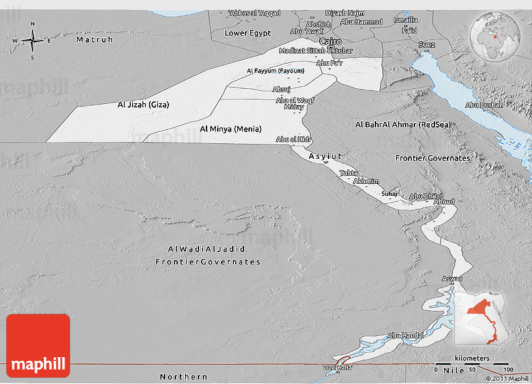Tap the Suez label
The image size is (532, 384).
click(x=426, y=44)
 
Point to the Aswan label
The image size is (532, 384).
click(x=453, y=279)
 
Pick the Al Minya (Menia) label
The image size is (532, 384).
click(x=230, y=129)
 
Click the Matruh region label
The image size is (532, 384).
click(x=95, y=39)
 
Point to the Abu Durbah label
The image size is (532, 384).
click(x=484, y=105)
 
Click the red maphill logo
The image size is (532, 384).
click(x=38, y=346)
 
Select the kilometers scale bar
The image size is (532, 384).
click(x=473, y=363)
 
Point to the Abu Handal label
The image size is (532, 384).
click(x=406, y=336)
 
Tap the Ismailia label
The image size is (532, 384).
click(x=406, y=20)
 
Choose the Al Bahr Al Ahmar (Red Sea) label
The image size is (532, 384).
click(x=402, y=124)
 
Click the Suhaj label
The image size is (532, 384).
click(x=389, y=194)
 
